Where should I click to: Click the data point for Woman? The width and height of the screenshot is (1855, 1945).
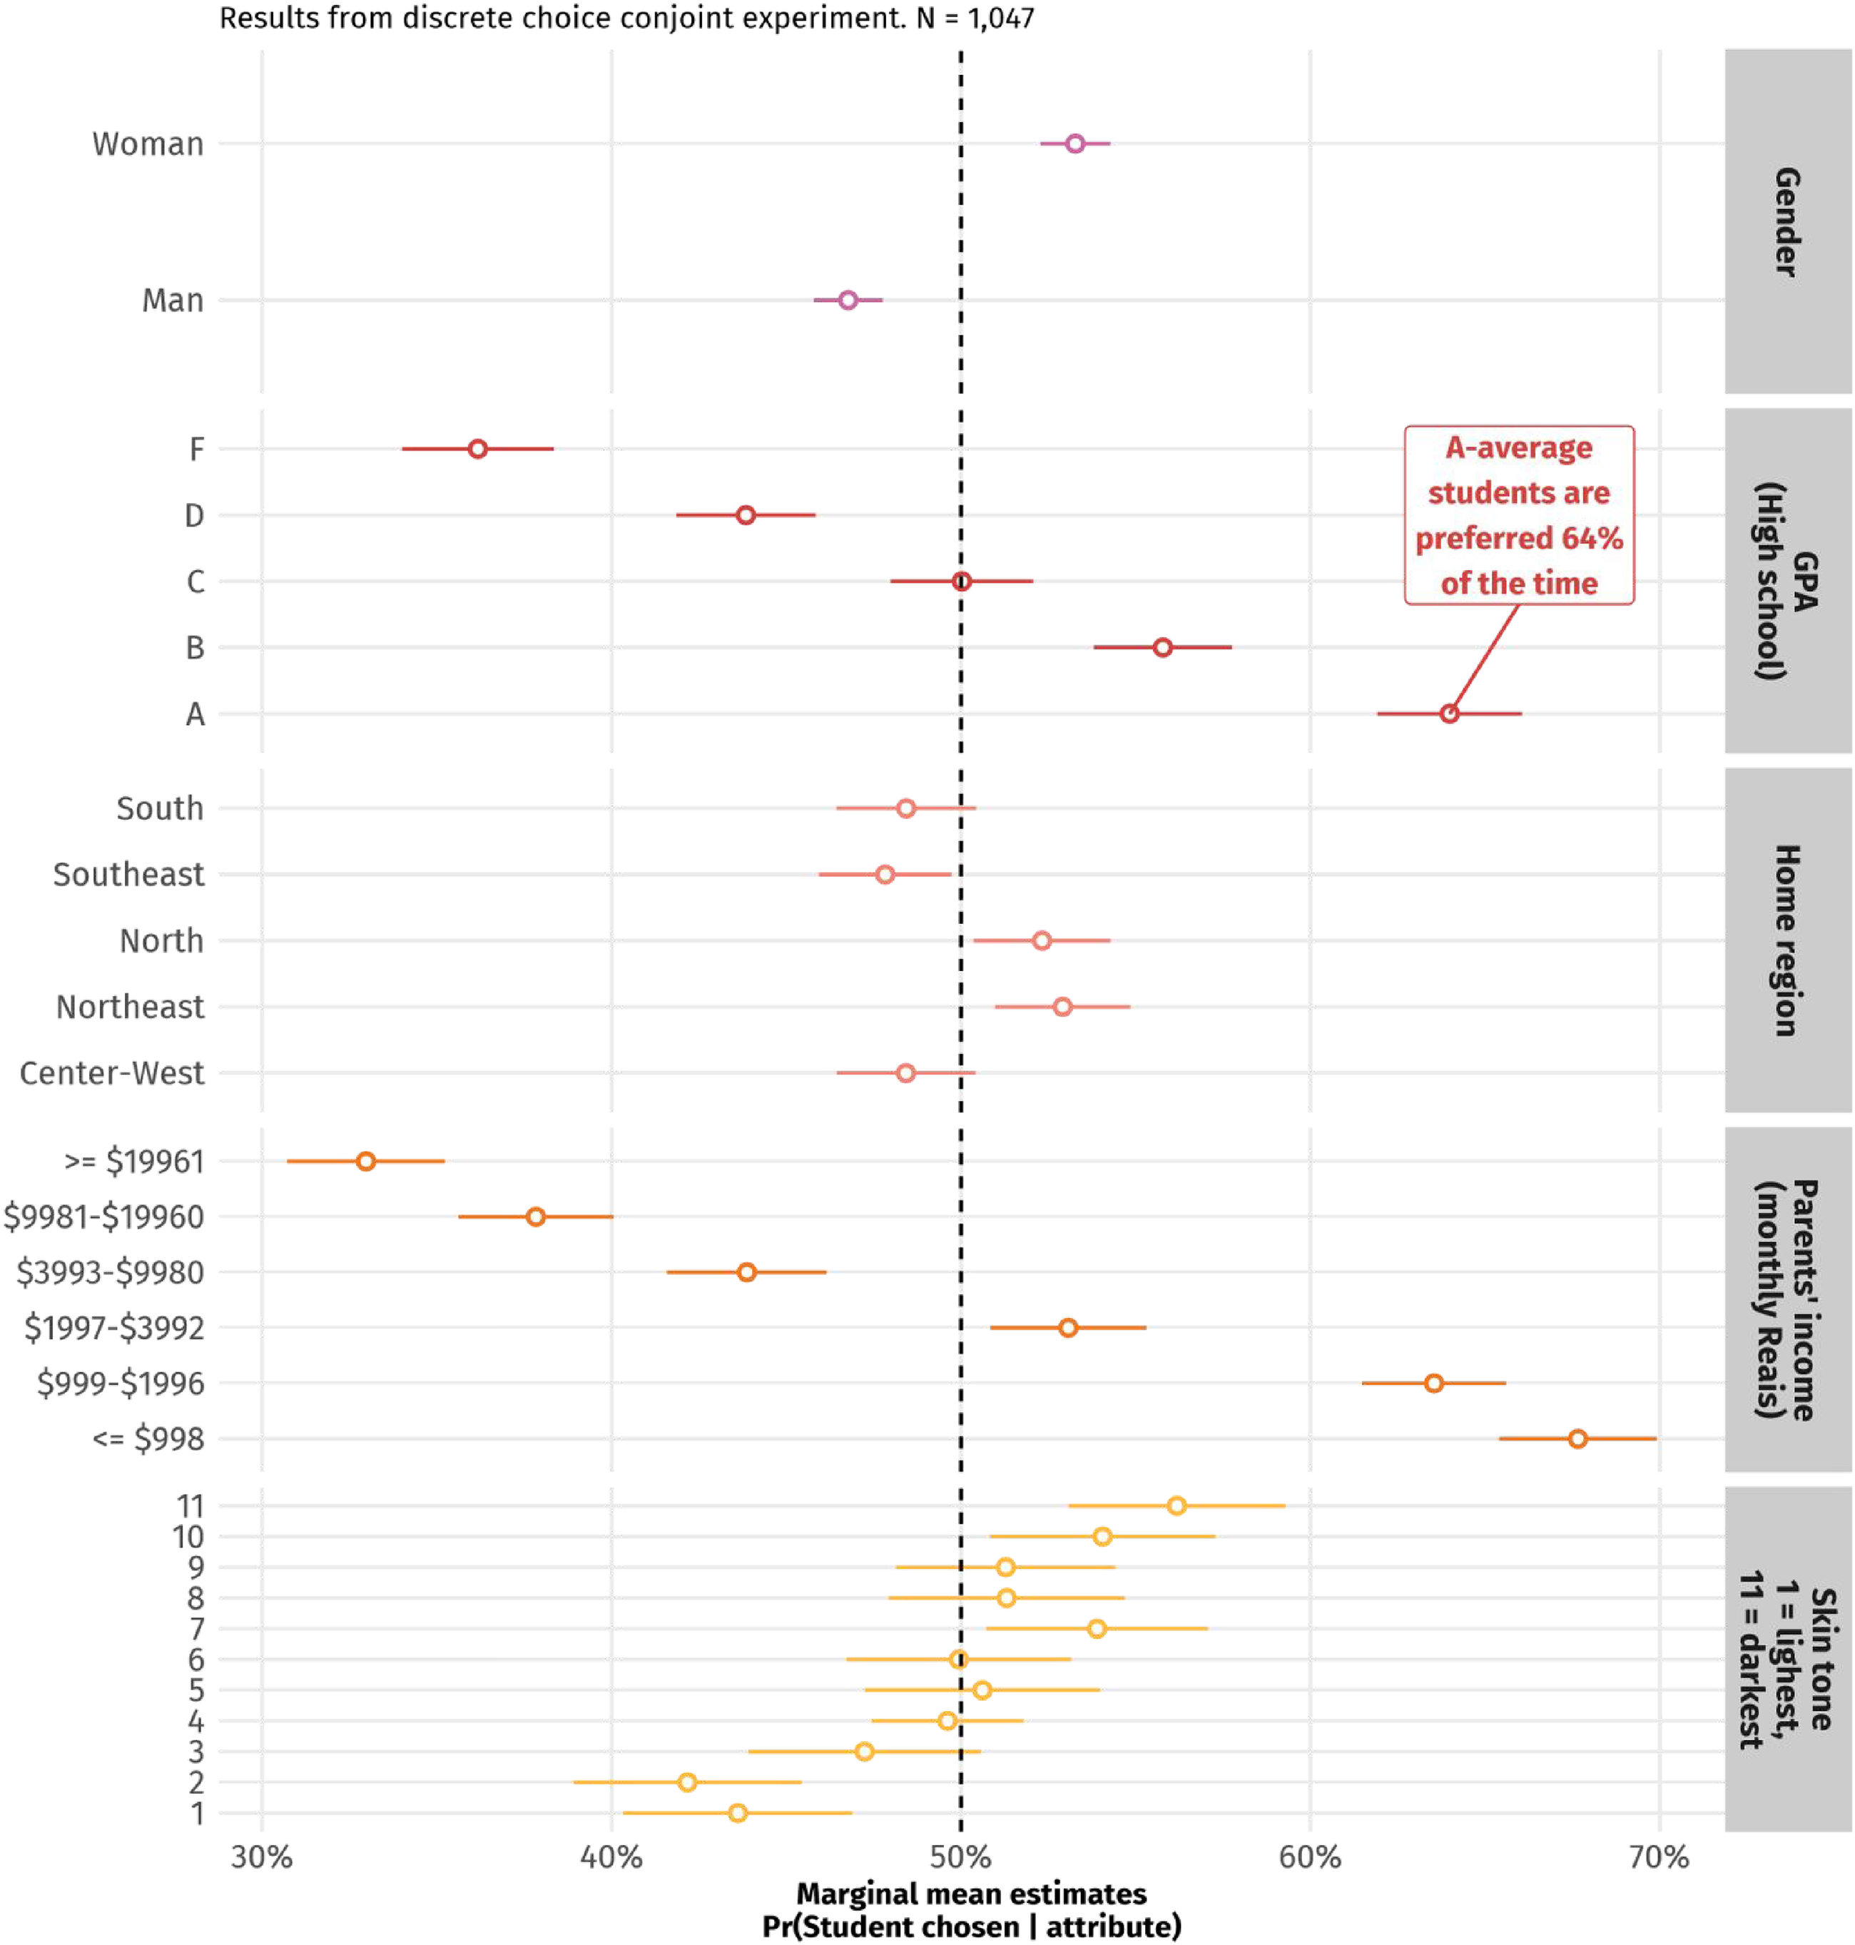(x=1075, y=143)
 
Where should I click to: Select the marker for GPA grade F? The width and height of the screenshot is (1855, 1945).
(x=477, y=449)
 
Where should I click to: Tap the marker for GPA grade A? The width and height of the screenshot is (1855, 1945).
(x=1448, y=713)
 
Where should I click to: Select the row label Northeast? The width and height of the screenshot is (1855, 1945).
(x=131, y=1007)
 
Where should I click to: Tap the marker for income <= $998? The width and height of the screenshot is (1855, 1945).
(x=1577, y=1438)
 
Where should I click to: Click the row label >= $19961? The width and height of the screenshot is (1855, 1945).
(x=133, y=1162)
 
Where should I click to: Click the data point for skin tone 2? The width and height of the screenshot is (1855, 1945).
(x=687, y=1782)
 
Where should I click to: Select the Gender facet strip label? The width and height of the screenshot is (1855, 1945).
(x=1787, y=221)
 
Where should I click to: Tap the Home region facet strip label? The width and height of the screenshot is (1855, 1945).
(x=1787, y=940)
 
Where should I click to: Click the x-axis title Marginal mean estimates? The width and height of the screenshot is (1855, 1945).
(x=971, y=1894)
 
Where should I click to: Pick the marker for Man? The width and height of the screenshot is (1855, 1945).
(x=848, y=300)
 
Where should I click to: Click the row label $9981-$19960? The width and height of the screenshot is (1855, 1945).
(x=104, y=1217)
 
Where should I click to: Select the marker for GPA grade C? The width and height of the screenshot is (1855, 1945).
(x=961, y=582)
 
